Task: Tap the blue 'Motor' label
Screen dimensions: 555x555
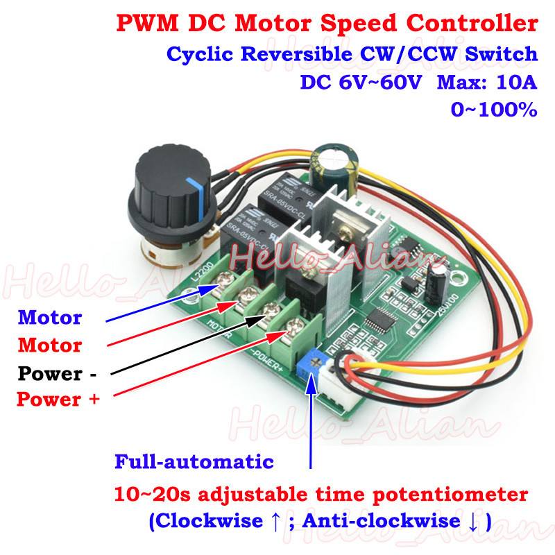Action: pos(50,318)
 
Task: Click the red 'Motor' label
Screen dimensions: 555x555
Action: pos(50,345)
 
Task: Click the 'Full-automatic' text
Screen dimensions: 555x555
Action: pos(194,461)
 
